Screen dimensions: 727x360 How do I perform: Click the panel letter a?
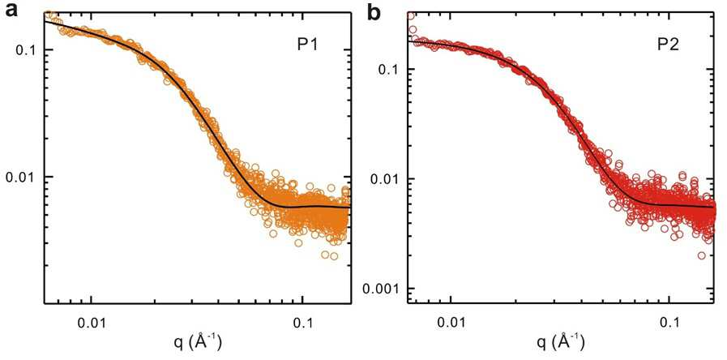(12, 11)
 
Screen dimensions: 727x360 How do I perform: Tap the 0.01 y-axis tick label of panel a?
(22, 178)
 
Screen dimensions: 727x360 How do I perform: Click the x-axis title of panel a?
(196, 343)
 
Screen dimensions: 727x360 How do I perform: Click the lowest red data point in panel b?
(702, 255)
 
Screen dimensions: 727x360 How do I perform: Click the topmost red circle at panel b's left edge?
(411, 15)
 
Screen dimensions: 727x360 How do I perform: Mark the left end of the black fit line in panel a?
(45, 21)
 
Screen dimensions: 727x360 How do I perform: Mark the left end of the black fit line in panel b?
(409, 41)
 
